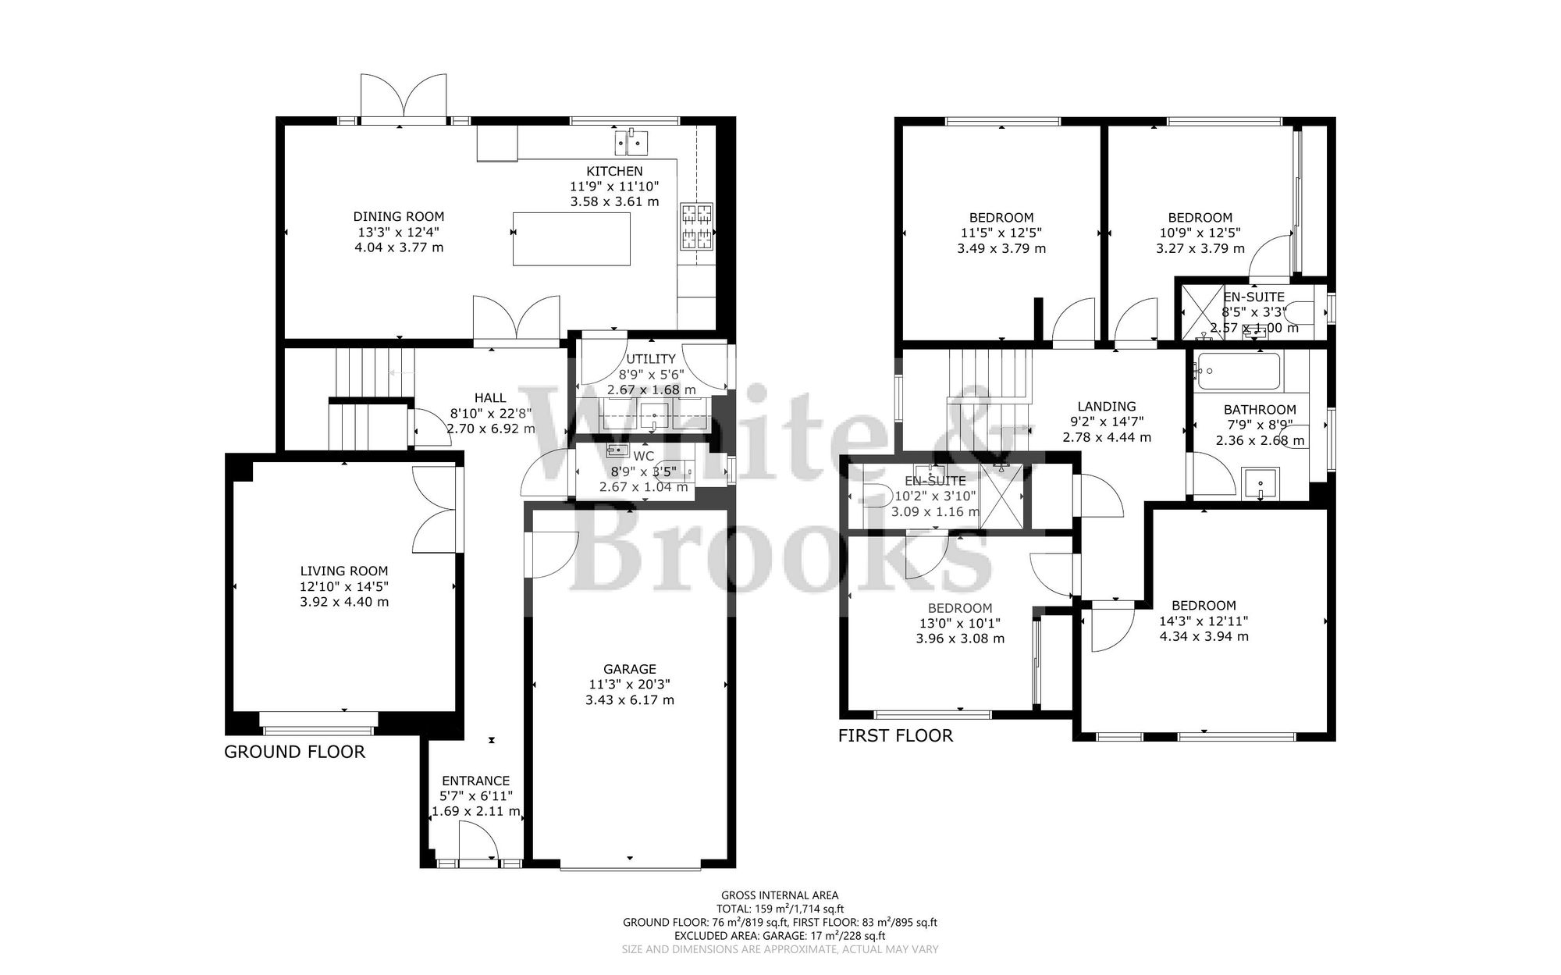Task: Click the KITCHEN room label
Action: (614, 171)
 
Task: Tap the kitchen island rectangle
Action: (571, 239)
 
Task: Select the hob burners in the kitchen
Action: (697, 226)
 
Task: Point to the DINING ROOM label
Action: (398, 216)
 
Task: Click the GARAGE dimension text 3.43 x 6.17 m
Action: (629, 700)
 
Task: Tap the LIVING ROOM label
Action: (344, 571)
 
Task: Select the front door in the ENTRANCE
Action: (478, 847)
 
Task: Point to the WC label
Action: (644, 455)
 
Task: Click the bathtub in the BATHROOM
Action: (1238, 372)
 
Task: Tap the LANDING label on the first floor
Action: (1106, 406)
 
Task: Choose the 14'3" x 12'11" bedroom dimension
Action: (1204, 621)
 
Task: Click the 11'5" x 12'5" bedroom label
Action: (1001, 233)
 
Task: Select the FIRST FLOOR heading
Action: (895, 735)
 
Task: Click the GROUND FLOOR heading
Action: (294, 752)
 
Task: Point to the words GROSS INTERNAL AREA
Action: (780, 895)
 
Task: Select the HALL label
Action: (490, 398)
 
